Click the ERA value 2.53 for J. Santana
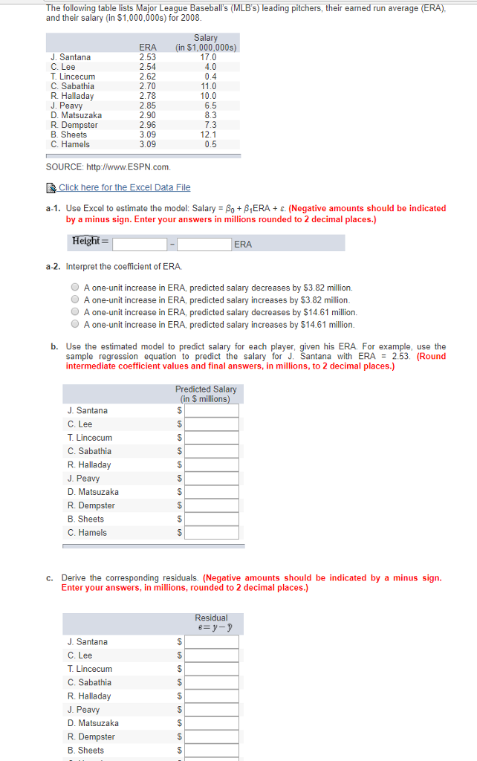click(148, 57)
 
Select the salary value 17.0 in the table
click(208, 57)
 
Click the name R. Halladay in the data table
click(72, 96)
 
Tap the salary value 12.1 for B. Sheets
click(208, 135)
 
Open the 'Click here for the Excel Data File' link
click(124, 187)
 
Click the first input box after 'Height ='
click(140, 244)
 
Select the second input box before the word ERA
click(204, 244)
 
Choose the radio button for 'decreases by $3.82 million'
click(75, 288)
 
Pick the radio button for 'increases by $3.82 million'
click(75, 300)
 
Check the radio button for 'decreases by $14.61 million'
click(75, 312)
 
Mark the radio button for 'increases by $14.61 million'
click(75, 325)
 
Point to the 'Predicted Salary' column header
click(206, 394)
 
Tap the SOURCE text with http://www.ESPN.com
click(108, 167)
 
